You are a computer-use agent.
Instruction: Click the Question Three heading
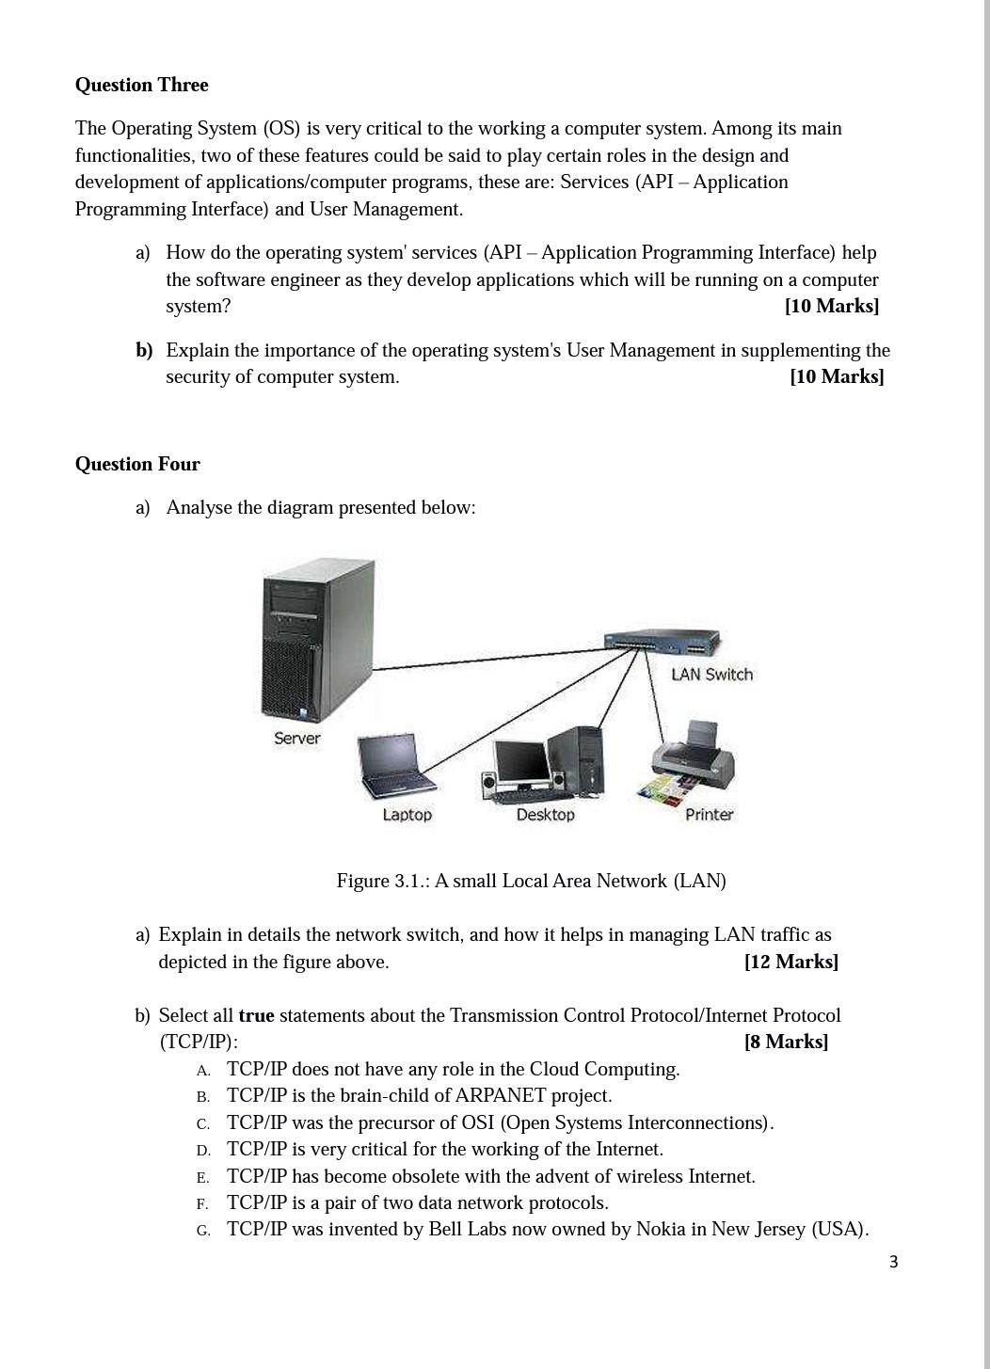[141, 85]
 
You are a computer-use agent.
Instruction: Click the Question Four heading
[137, 464]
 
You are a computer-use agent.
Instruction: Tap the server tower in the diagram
[316, 640]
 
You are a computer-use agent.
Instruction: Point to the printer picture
[691, 762]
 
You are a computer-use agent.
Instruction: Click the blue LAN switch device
[662, 644]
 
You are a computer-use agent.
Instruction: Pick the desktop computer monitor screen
[519, 760]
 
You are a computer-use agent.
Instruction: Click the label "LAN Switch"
[711, 675]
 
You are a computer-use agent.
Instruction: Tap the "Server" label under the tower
[296, 739]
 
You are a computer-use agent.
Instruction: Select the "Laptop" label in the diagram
[407, 815]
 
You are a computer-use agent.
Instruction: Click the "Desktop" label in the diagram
[545, 815]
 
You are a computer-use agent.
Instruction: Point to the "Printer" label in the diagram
[709, 815]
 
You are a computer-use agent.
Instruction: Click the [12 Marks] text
[790, 962]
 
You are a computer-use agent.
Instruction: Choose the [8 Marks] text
[786, 1042]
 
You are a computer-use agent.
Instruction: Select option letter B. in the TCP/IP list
[203, 1097]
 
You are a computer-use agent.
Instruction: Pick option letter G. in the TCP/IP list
[203, 1231]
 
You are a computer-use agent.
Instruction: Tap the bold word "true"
[256, 1015]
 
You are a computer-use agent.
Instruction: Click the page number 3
[893, 1263]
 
